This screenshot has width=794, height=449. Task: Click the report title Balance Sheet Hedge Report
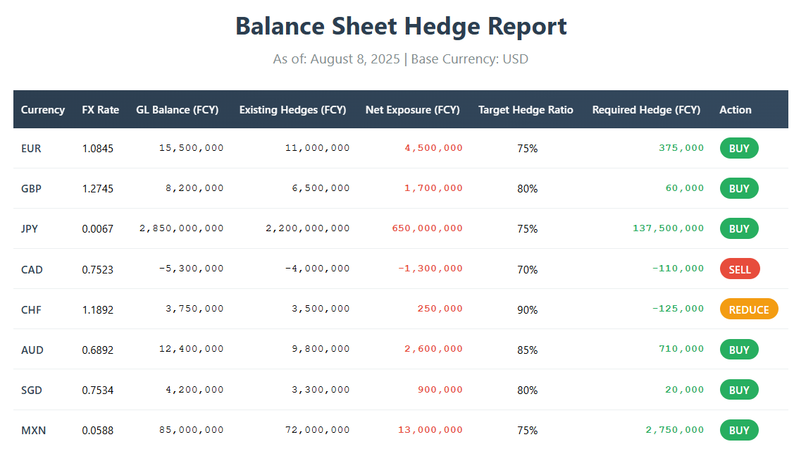point(400,27)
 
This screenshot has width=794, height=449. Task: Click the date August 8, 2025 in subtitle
point(355,59)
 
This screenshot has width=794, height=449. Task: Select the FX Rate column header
point(100,110)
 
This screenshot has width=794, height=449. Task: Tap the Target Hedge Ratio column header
point(526,110)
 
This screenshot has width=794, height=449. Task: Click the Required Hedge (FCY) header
point(646,110)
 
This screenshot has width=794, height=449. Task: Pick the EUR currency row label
point(31,149)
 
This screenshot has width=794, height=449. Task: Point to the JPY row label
point(30,229)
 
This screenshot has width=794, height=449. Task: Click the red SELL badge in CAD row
point(739,269)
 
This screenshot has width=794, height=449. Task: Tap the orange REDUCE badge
point(748,309)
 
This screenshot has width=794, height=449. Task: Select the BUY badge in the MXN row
point(738,430)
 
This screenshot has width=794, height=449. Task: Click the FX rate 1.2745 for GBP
point(97,189)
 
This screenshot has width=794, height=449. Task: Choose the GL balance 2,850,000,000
point(182,228)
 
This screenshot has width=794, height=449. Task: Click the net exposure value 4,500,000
point(433,148)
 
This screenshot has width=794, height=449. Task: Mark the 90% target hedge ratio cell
point(527,309)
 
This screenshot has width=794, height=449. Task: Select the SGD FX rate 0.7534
point(97,390)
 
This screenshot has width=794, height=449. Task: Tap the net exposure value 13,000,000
point(430,430)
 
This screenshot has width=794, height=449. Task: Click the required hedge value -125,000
point(678,309)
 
